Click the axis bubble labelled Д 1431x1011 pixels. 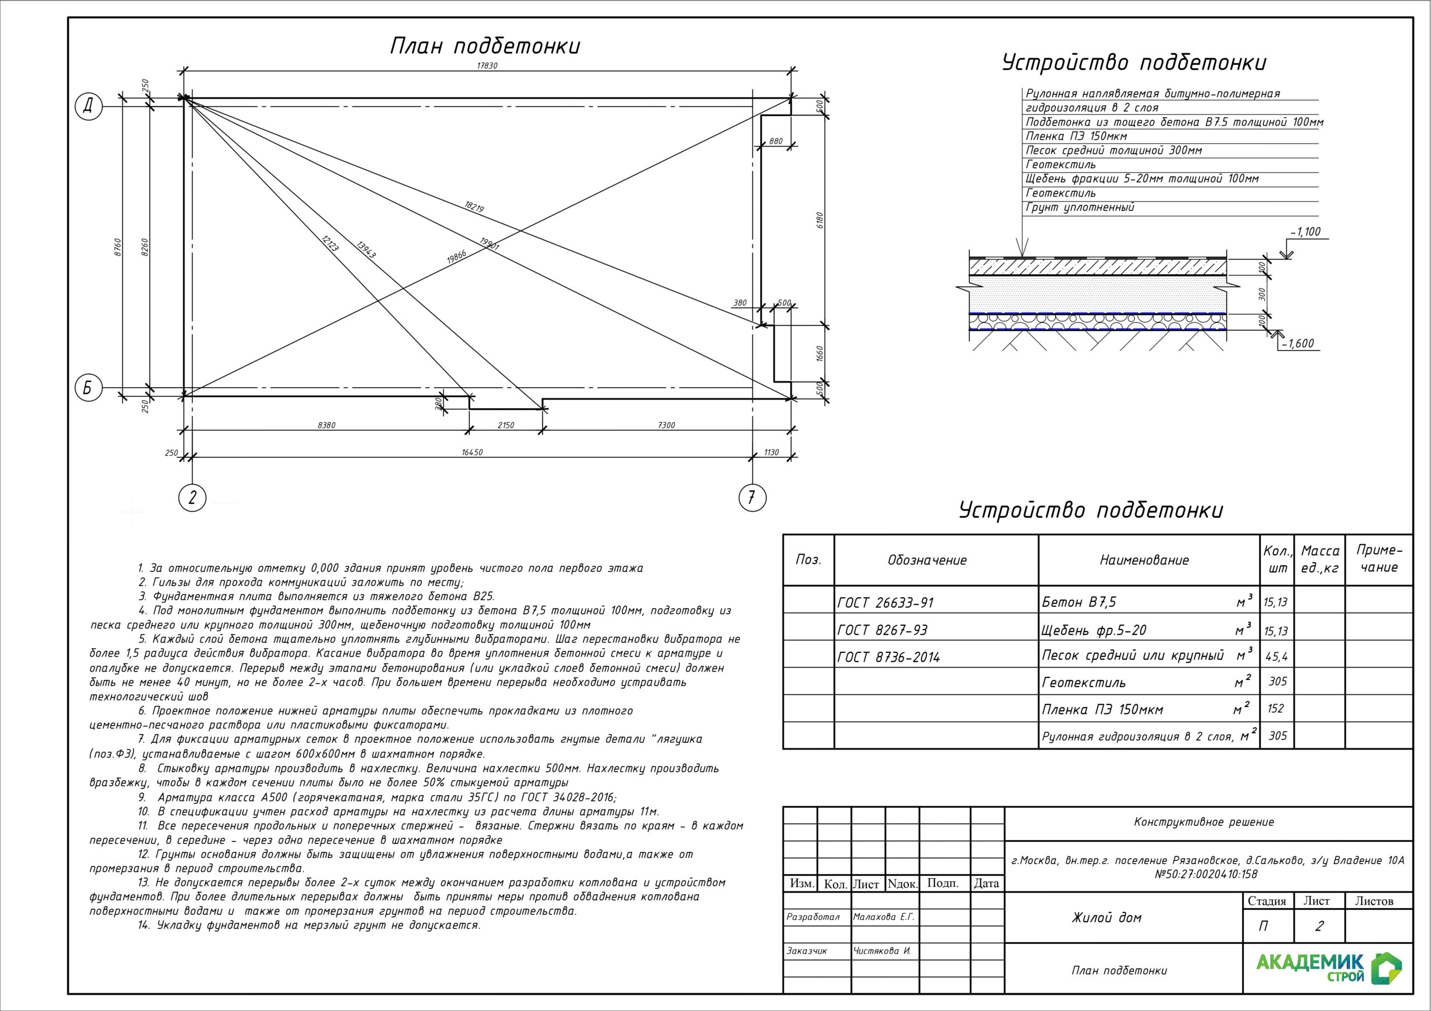coord(89,107)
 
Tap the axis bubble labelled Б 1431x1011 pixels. coord(88,388)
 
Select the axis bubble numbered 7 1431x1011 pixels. coord(752,497)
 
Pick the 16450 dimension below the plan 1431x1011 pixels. coord(472,452)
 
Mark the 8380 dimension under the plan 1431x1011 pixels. coord(326,426)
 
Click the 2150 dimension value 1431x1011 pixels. coord(505,426)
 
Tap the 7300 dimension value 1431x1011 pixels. coord(666,426)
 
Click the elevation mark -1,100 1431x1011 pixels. coord(1305,232)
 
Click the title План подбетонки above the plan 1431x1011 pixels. coord(485,47)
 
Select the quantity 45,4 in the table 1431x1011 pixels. coord(1276,656)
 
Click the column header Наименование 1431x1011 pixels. coord(1144,560)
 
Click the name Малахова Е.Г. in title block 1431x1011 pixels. coord(884,917)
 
